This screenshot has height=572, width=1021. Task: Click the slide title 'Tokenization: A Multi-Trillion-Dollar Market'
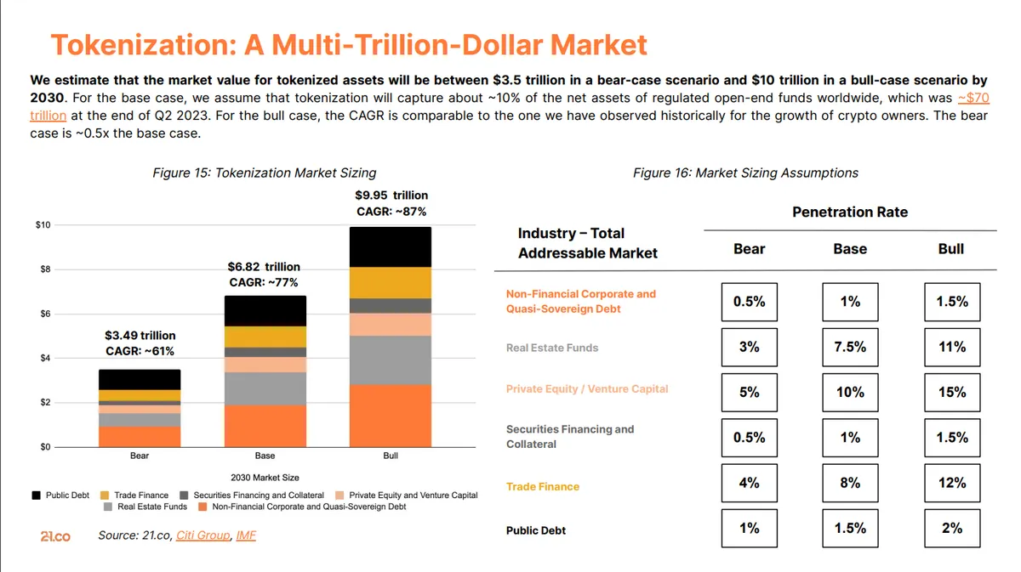tap(349, 44)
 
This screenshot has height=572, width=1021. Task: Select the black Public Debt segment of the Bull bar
tap(391, 246)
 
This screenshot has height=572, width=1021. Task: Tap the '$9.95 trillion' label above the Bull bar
tap(391, 195)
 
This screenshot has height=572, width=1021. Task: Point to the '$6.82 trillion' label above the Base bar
tap(264, 266)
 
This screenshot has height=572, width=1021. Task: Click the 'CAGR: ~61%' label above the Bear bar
tap(140, 350)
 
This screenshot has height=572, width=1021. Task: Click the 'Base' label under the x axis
tap(265, 456)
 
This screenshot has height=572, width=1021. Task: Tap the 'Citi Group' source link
tap(202, 535)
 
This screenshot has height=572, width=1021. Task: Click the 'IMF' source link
tap(245, 535)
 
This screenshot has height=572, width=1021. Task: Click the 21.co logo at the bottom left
tap(56, 536)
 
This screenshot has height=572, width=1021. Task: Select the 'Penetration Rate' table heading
tap(849, 212)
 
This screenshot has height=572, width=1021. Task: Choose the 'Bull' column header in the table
tap(950, 249)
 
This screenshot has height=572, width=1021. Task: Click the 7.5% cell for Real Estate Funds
tap(850, 347)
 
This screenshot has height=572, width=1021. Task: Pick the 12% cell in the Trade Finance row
tap(951, 483)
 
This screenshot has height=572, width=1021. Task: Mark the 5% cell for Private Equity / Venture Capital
tap(749, 392)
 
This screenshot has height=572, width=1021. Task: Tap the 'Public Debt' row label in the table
tap(535, 530)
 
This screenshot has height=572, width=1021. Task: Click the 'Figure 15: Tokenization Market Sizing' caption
tap(264, 173)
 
